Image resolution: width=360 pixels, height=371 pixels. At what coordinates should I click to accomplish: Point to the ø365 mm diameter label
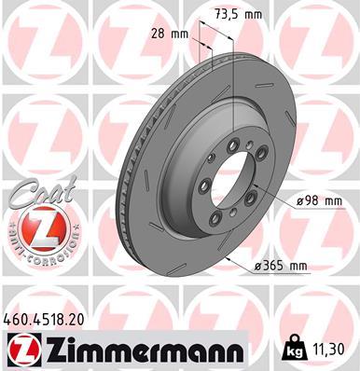[x=281, y=268]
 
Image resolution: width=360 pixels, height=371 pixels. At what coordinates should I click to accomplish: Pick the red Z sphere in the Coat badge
[x=35, y=227]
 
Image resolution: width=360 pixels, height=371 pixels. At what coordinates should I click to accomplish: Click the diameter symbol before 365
[x=259, y=268]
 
